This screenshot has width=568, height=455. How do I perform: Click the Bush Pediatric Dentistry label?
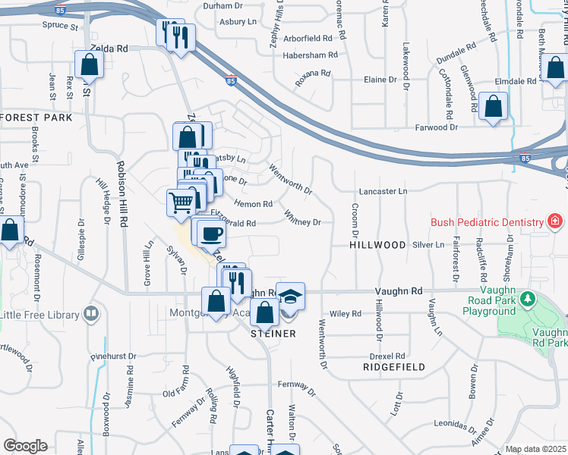[x=487, y=222]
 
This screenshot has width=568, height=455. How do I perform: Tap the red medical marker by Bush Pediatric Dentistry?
[x=555, y=221]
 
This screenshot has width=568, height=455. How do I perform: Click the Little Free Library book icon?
[x=91, y=312]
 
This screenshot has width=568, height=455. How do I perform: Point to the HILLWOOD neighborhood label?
[x=377, y=246]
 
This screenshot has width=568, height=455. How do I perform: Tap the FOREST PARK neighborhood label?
[x=36, y=118]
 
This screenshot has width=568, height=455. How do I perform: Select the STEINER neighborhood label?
[x=273, y=332]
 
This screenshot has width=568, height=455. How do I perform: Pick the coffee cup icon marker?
[x=210, y=232]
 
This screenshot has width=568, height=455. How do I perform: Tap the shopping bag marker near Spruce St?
[x=90, y=65]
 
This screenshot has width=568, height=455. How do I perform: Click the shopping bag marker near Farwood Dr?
[x=494, y=108]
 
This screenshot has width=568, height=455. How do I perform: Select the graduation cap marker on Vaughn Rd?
[x=290, y=296]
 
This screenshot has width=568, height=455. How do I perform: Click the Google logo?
[x=25, y=446]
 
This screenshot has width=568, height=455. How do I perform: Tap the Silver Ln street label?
[x=428, y=245]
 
